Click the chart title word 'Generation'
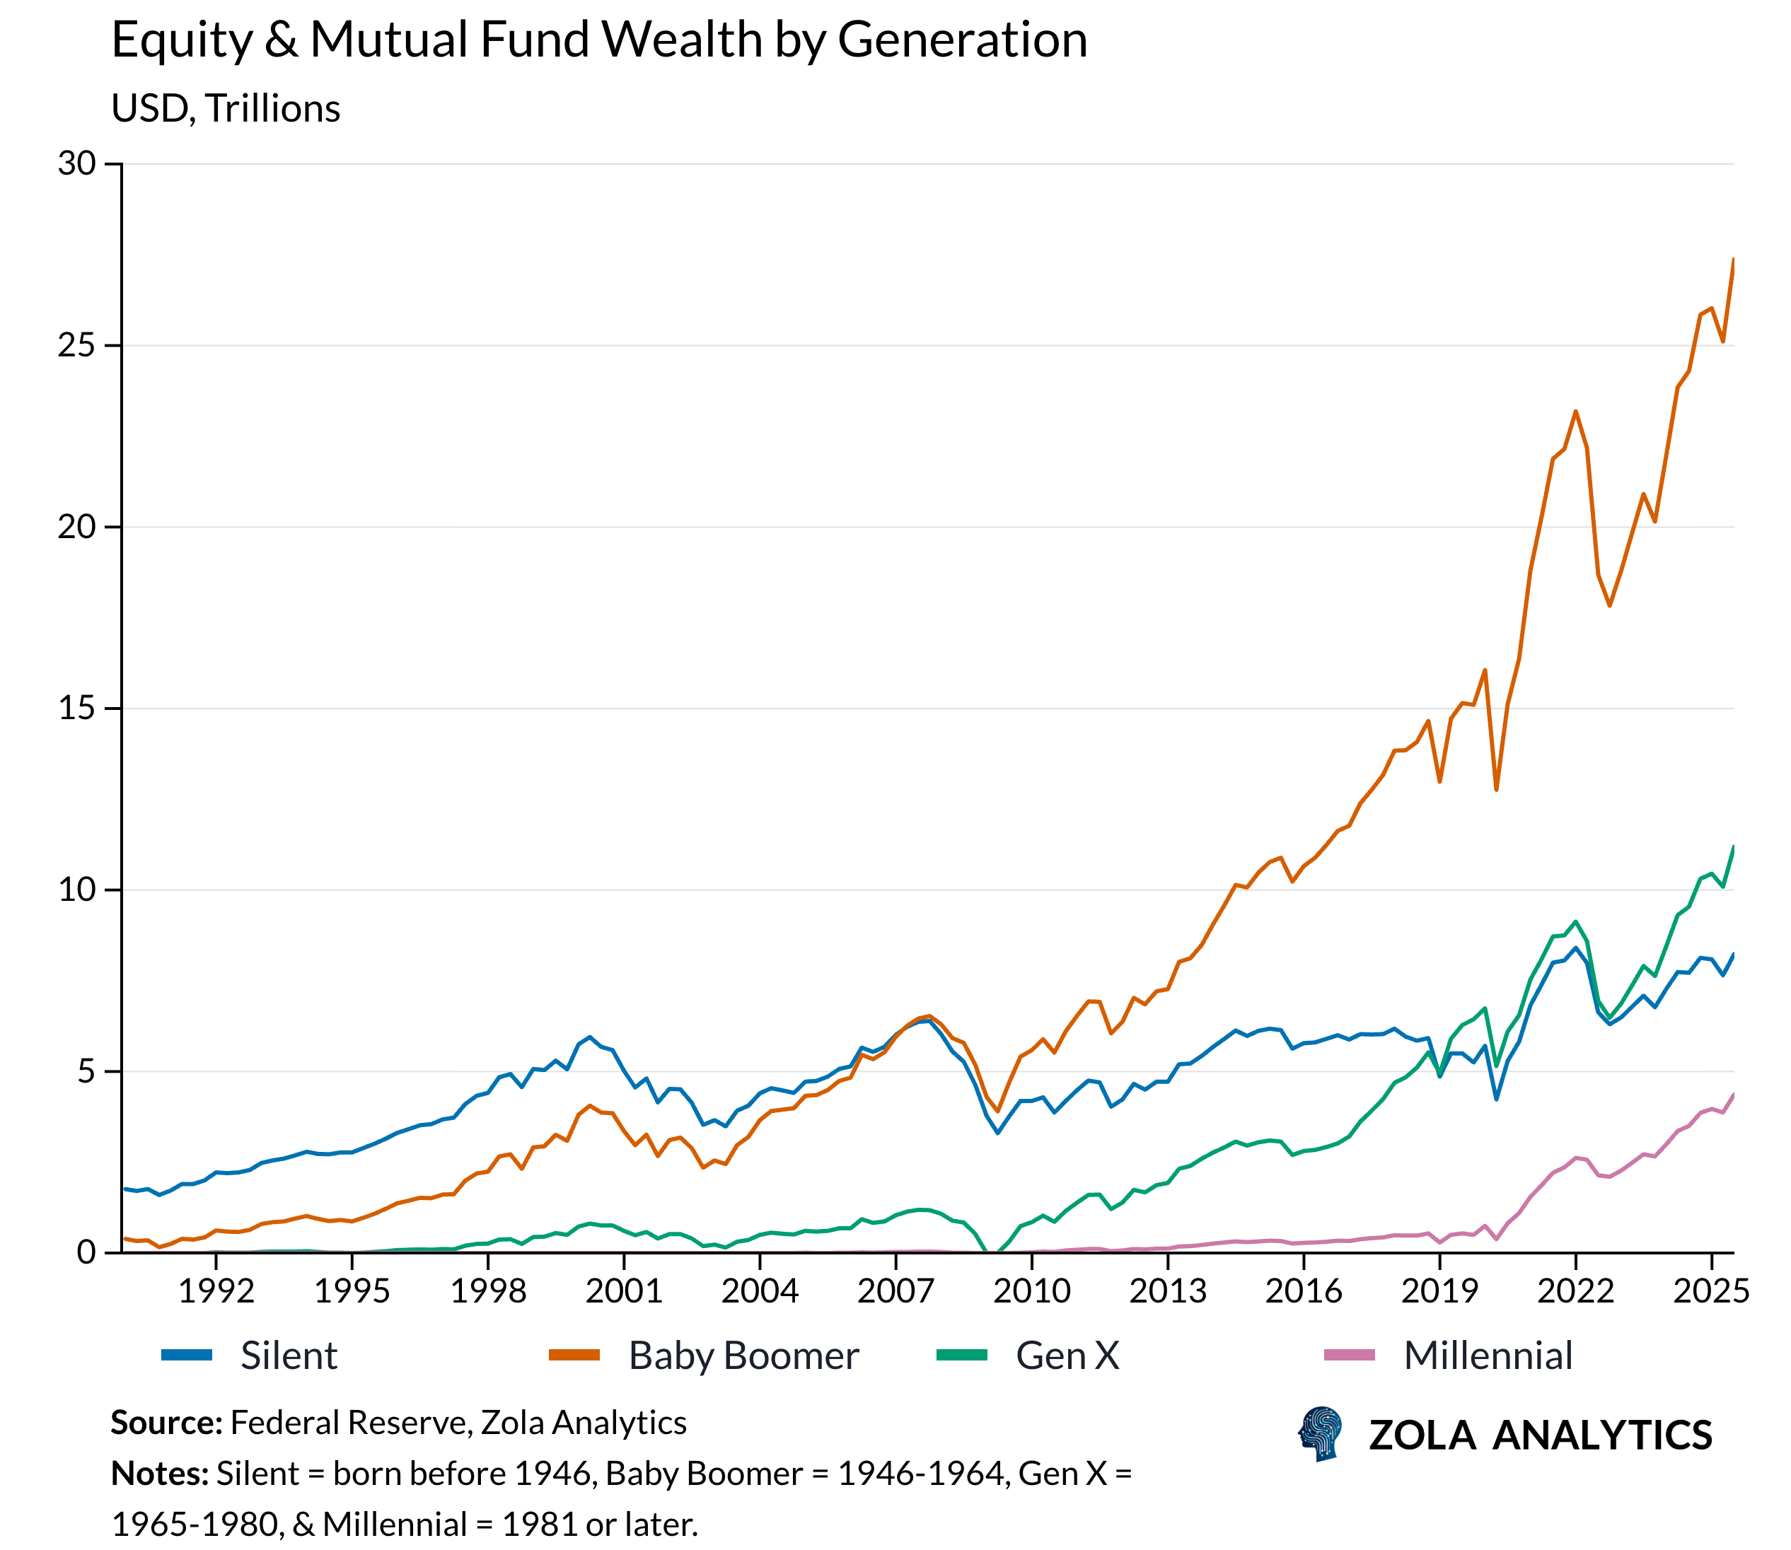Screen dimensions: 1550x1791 click(961, 40)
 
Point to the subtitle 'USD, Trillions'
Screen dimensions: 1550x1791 click(226, 109)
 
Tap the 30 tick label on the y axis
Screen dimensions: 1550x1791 click(76, 163)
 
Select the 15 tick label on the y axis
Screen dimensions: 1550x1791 click(76, 709)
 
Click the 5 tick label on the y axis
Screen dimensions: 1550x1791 click(86, 1072)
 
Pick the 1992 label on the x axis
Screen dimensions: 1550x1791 click(216, 1291)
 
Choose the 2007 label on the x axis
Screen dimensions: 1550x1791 click(895, 1291)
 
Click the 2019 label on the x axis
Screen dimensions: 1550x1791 click(1439, 1291)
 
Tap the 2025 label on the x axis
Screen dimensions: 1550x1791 click(1710, 1291)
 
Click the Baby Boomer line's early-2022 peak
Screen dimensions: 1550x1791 click(1575, 412)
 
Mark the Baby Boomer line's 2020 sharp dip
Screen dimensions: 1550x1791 click(1496, 789)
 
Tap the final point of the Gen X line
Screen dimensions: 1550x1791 click(1733, 847)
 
